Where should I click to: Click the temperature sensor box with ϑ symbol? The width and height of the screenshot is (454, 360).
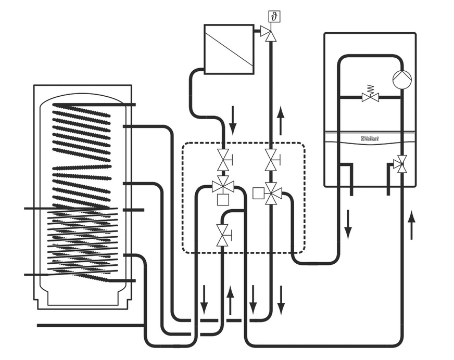coord(274,16)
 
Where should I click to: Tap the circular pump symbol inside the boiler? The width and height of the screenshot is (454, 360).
coord(402,78)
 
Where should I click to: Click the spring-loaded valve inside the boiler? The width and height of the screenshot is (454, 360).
coord(370,96)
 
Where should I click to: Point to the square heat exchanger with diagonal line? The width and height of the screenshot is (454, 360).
coord(229,48)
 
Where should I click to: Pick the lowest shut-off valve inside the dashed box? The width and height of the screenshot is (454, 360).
coord(223,236)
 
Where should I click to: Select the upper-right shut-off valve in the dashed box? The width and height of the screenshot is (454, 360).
coord(271,160)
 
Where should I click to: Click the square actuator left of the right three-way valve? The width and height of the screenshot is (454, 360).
coord(257,193)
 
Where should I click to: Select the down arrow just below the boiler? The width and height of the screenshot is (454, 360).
coord(347,224)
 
